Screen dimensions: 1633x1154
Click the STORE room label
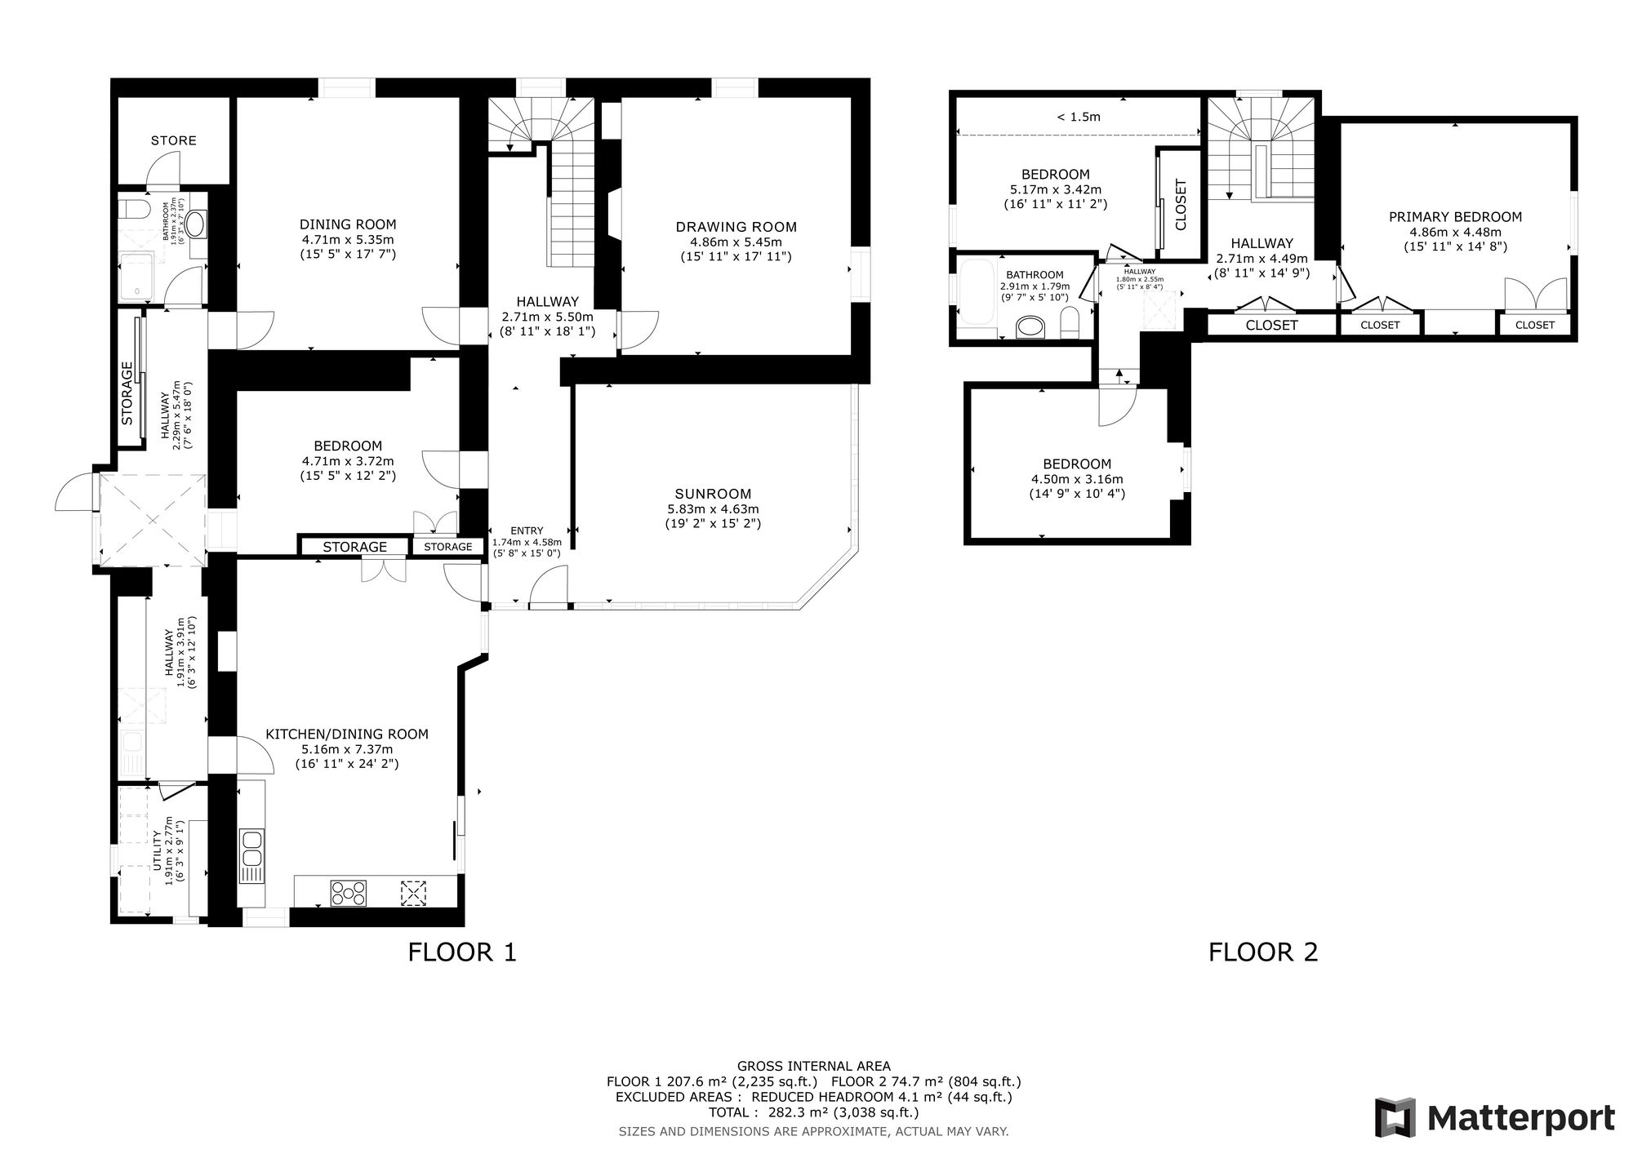click(173, 140)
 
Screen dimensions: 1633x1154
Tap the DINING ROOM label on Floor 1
click(348, 224)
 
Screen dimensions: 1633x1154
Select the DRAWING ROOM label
click(736, 227)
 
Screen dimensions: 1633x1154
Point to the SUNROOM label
click(713, 494)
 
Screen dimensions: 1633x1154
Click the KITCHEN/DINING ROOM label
click(347, 734)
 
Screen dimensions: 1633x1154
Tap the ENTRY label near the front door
click(527, 530)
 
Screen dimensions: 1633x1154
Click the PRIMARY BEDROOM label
click(1456, 217)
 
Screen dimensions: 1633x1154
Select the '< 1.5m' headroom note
click(1079, 117)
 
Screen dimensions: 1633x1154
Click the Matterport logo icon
click(1395, 1117)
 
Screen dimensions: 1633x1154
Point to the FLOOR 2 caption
click(1263, 952)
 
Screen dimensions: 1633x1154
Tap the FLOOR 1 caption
click(462, 952)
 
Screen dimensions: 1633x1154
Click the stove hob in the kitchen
click(349, 893)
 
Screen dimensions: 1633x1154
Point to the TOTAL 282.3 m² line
click(814, 1112)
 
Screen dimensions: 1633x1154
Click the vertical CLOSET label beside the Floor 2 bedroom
click(1181, 204)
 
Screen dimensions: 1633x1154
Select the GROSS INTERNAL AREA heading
click(814, 1066)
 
